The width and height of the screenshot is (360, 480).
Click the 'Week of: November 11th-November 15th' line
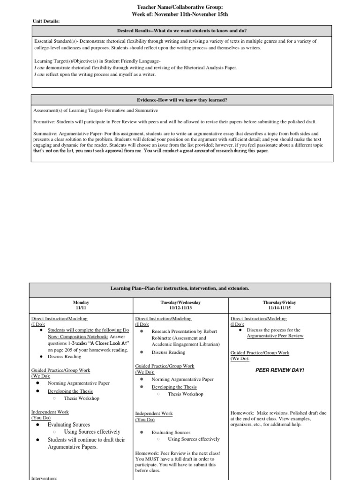pyautogui.click(x=180, y=15)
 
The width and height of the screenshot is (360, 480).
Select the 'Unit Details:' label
pyautogui.click(x=46, y=21)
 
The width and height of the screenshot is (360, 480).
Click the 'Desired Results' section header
pyautogui.click(x=182, y=30)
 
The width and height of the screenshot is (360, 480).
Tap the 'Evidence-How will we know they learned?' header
pyautogui.click(x=182, y=100)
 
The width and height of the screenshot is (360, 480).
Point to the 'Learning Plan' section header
pyautogui.click(x=180, y=287)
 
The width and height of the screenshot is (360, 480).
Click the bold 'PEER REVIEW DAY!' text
pyautogui.click(x=279, y=370)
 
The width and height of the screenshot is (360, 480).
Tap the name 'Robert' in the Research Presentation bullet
pyautogui.click(x=210, y=331)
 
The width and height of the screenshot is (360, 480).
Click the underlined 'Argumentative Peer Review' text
pyautogui.click(x=275, y=336)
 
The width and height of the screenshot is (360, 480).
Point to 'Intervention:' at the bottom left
pyautogui.click(x=44, y=478)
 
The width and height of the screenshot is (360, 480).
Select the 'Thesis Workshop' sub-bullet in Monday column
pyautogui.click(x=82, y=398)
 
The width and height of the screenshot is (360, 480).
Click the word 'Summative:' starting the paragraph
pyautogui.click(x=46, y=134)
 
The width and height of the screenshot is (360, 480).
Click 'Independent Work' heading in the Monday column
pyautogui.click(x=50, y=412)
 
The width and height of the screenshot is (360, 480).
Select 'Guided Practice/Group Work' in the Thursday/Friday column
pyautogui.click(x=260, y=352)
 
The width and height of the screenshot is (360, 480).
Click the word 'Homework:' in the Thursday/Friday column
pyautogui.click(x=241, y=413)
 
